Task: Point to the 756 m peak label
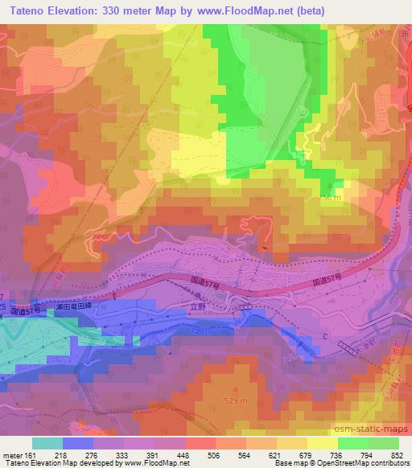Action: pos(331,197)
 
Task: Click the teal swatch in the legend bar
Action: pos(47,443)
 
